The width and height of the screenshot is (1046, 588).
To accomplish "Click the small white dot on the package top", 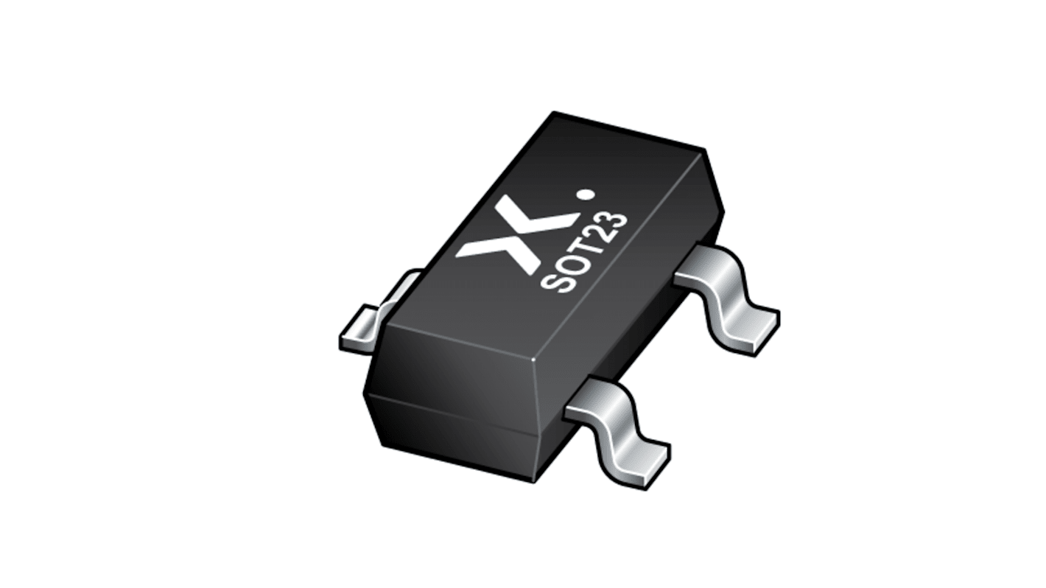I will click(x=586, y=196).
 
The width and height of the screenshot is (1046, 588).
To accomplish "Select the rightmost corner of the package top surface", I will click(x=706, y=150).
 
